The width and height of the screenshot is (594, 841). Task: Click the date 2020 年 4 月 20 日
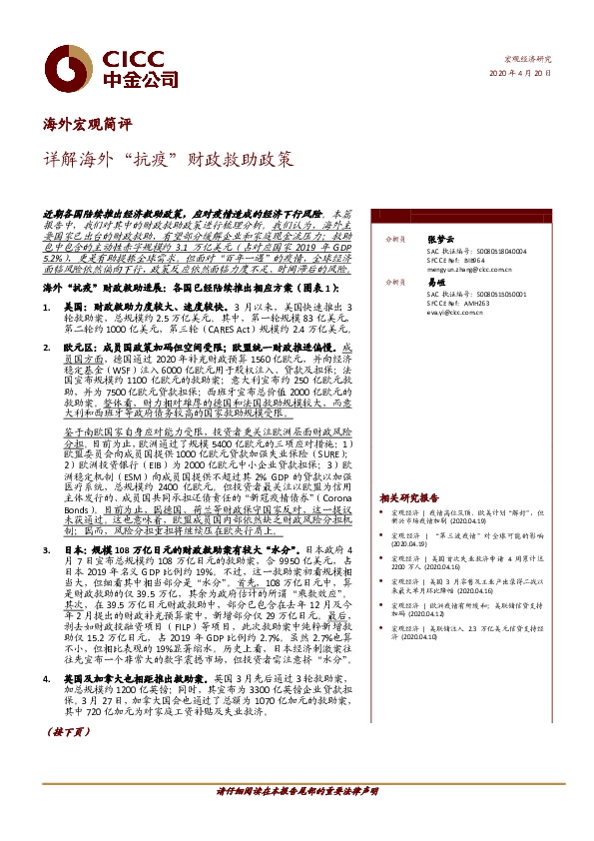coord(528,75)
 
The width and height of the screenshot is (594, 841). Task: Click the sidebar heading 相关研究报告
coord(409,497)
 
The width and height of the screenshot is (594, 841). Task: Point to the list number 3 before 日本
coord(47,548)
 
